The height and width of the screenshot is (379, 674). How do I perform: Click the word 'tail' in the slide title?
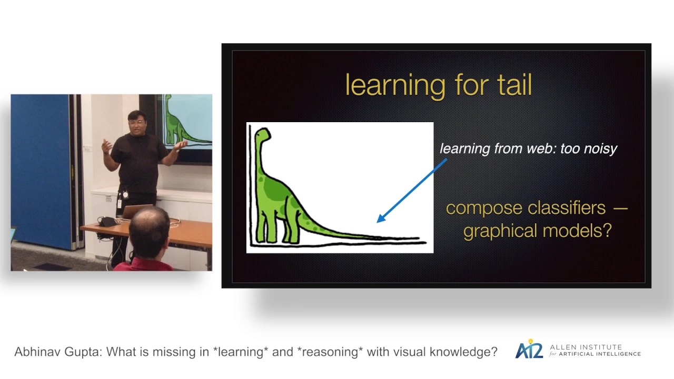(x=514, y=85)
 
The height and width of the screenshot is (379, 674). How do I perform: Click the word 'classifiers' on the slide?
(x=567, y=208)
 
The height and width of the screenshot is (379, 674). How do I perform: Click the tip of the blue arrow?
(x=378, y=222)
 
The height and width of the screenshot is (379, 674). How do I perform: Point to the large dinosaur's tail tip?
(x=418, y=238)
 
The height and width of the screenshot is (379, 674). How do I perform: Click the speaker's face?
(x=137, y=123)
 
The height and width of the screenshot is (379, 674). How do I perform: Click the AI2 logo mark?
(x=529, y=350)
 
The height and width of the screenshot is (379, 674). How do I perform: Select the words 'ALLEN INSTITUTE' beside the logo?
(x=586, y=347)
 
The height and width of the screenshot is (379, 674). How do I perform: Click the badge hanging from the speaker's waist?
(x=120, y=203)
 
